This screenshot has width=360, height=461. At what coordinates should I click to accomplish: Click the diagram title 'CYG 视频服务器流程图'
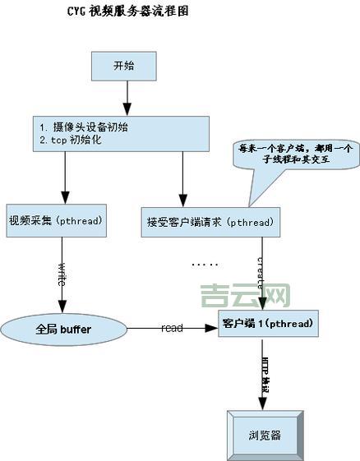132,14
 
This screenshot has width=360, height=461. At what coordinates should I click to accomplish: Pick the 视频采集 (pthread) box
55,221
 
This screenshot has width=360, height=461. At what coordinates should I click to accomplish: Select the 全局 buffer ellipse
63,329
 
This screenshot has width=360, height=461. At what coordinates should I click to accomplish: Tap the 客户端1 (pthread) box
266,325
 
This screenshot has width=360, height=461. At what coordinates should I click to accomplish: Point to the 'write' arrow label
62,274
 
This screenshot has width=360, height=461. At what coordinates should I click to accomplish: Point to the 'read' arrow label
172,328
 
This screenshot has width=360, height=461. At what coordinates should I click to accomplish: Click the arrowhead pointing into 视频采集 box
64,197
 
